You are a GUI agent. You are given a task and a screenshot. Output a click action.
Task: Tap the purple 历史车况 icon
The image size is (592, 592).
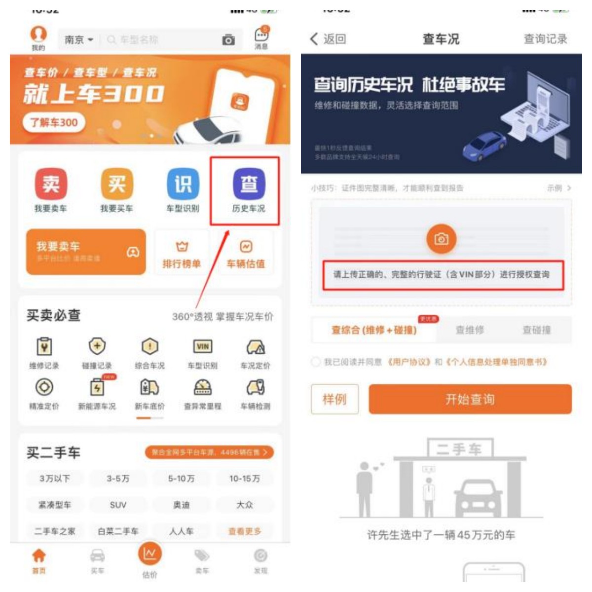point(249,184)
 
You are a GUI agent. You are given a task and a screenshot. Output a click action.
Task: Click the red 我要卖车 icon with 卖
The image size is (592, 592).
point(51,184)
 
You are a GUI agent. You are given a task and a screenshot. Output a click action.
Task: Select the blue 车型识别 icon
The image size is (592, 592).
point(183,184)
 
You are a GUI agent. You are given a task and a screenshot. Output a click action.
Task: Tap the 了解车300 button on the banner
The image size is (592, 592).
point(54,122)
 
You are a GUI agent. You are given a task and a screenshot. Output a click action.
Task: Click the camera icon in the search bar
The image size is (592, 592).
point(228,40)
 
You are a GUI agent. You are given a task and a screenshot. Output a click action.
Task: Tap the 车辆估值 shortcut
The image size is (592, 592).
point(246,255)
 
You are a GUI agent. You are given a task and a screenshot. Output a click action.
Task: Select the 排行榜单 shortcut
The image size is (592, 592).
point(182,255)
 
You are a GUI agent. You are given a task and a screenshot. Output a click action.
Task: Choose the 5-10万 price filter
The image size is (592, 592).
point(181,479)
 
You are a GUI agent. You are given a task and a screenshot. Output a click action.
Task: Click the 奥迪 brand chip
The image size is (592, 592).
point(181,505)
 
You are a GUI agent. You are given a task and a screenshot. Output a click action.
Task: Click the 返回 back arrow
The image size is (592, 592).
point(314,39)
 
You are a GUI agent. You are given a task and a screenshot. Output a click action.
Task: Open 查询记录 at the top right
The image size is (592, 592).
point(545,39)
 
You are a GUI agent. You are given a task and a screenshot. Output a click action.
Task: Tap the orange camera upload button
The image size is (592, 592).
point(441,239)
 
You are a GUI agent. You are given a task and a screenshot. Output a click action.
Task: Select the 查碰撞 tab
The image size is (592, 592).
point(536,330)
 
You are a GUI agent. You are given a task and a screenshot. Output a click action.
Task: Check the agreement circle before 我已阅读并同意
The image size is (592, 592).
point(315,362)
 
